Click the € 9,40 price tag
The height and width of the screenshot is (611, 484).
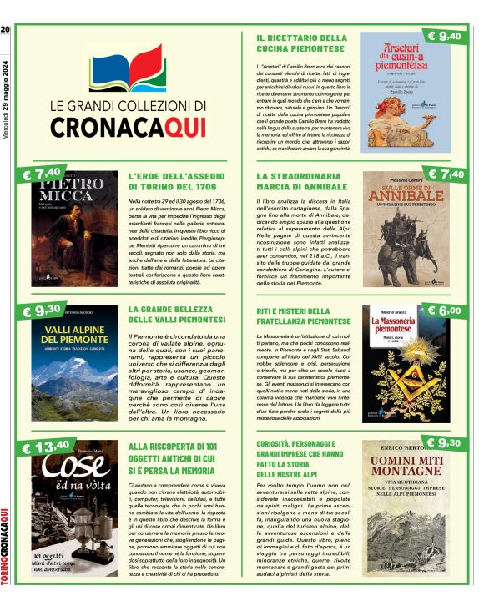coord(443,36)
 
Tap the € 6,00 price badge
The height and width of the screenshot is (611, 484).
coord(444,311)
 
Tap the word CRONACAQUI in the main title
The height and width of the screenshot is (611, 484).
coord(128,126)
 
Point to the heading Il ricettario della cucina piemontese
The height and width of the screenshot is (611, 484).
coord(301,44)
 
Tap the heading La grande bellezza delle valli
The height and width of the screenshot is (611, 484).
coord(178,315)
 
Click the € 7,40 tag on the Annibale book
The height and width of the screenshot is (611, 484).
coord(444,174)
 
